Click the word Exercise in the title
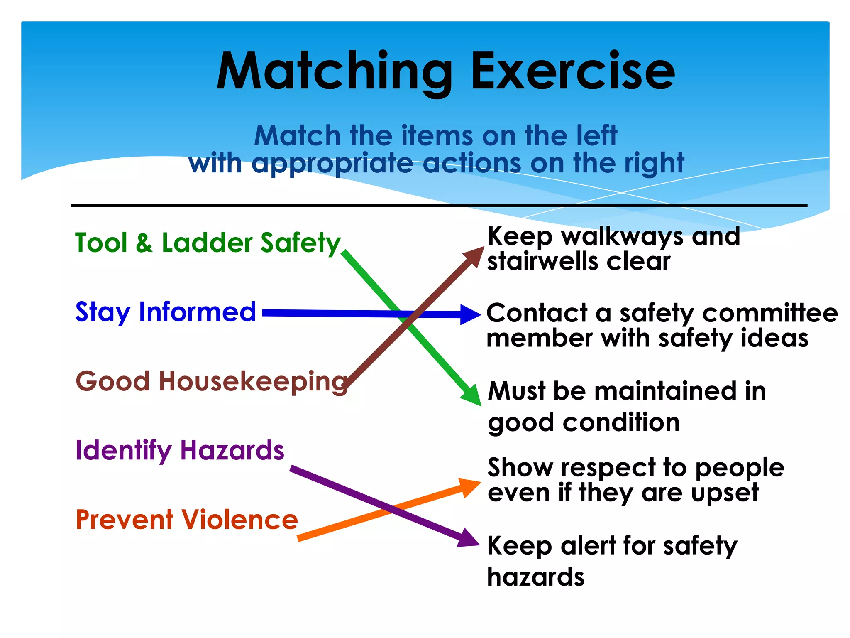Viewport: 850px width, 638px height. pos(573,71)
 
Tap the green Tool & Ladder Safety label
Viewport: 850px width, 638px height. pos(208,243)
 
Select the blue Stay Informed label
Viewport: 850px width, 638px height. pos(166,312)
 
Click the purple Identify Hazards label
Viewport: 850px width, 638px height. pos(180,451)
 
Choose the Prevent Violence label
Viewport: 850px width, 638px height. pos(187,520)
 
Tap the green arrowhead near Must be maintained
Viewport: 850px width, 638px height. pos(472,395)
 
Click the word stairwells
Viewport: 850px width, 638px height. pos(543,262)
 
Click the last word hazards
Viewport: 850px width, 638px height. pos(535,577)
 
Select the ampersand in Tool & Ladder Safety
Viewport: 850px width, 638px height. pos(144,243)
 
